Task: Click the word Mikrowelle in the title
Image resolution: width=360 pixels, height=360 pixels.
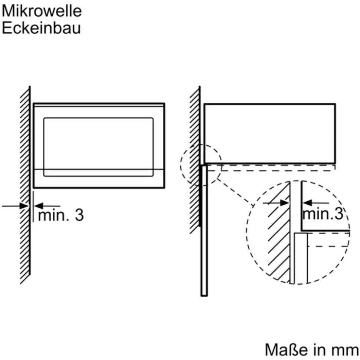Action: click(42, 11)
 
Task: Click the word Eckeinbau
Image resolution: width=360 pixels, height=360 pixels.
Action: click(41, 28)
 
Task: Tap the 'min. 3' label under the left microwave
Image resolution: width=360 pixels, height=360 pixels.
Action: click(61, 215)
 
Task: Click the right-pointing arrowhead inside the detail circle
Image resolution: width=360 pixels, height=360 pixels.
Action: click(285, 203)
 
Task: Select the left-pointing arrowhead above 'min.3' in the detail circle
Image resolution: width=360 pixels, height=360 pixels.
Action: click(307, 203)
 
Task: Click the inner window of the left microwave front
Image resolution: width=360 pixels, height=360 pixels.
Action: click(98, 147)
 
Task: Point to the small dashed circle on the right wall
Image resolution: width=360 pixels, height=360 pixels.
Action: click(181, 165)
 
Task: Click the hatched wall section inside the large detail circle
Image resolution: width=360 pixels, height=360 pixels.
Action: click(279, 232)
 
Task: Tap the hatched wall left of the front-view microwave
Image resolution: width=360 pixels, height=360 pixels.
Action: click(25, 185)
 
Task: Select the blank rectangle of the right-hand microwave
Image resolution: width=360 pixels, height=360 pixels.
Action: click(269, 133)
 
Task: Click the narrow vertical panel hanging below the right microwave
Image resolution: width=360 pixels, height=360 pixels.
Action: click(204, 230)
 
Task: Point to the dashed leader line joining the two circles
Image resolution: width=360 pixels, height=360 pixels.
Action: click(235, 192)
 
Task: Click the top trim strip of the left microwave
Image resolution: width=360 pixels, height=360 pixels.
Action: click(99, 105)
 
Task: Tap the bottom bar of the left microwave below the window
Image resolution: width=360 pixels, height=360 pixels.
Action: click(99, 179)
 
